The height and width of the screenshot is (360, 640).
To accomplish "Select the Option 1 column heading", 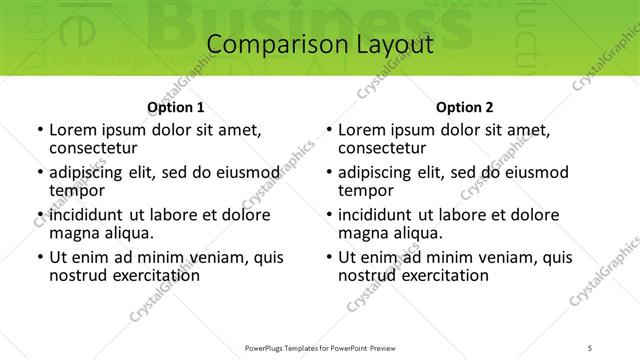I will (x=176, y=107).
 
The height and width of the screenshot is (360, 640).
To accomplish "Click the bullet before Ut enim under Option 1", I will (x=40, y=257).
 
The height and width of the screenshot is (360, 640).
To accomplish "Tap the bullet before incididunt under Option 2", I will (x=329, y=215).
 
